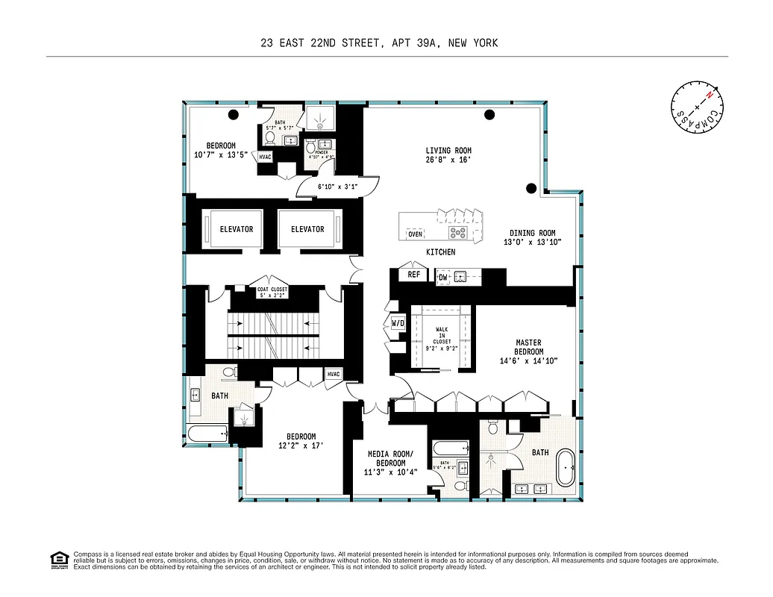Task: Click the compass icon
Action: pyautogui.click(x=697, y=110)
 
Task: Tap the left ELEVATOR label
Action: pyautogui.click(x=237, y=229)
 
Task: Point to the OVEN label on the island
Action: pyautogui.click(x=415, y=234)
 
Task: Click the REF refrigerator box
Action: pyautogui.click(x=413, y=275)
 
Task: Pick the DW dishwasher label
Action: pyautogui.click(x=442, y=278)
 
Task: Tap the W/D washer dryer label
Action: pyautogui.click(x=398, y=324)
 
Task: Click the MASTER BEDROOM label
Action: pyautogui.click(x=529, y=351)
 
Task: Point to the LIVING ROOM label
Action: pyautogui.click(x=448, y=154)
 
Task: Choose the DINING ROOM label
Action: pyautogui.click(x=533, y=237)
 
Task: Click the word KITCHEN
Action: pyautogui.click(x=440, y=252)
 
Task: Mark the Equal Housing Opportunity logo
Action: pyautogui.click(x=57, y=559)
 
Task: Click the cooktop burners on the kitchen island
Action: pyautogui.click(x=457, y=232)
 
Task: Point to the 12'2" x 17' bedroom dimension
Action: pyautogui.click(x=301, y=446)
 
